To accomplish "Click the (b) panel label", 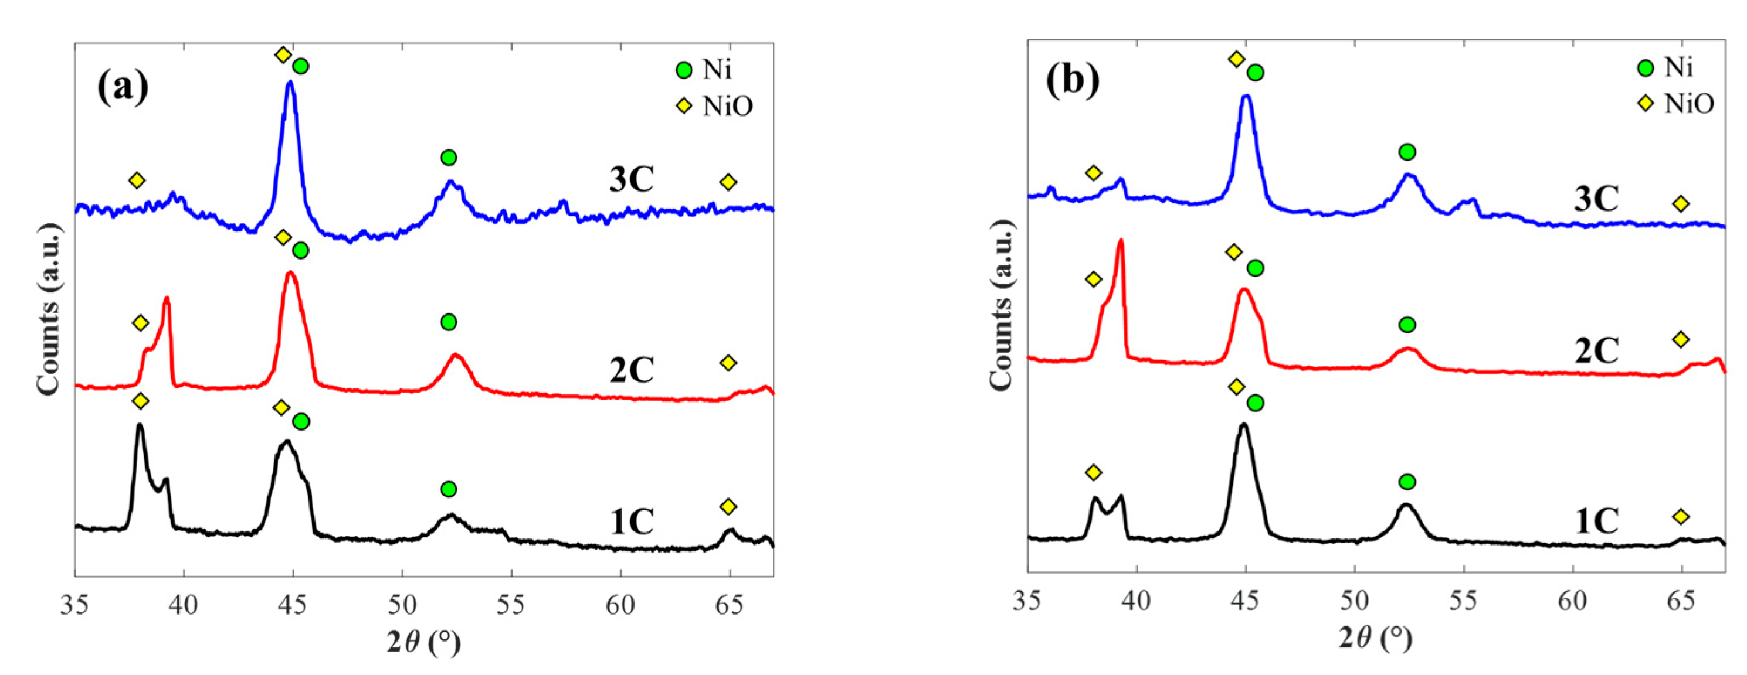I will click(1073, 81).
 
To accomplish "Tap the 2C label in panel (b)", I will click(1596, 350).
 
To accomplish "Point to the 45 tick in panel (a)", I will click(293, 605).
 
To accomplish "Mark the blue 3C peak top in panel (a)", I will click(290, 83).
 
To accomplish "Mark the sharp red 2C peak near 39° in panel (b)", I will click(1120, 241).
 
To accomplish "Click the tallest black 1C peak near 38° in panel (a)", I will click(140, 425).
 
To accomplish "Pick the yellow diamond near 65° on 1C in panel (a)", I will click(728, 506).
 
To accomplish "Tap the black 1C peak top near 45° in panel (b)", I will click(1243, 425).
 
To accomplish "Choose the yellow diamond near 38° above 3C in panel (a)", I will click(137, 180).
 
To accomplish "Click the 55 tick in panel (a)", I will click(511, 605).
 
